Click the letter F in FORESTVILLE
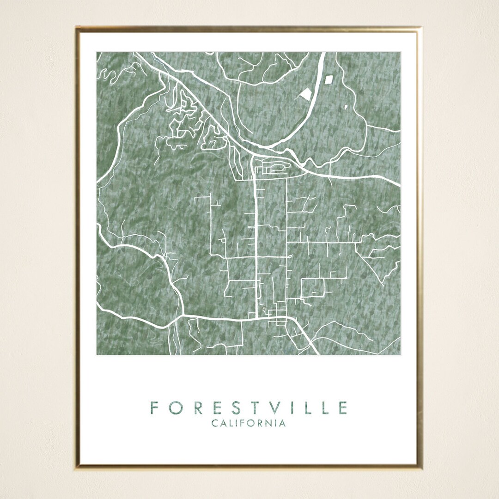point(154,408)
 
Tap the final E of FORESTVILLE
point(343,408)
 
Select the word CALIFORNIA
point(249,423)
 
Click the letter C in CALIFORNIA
point(215,423)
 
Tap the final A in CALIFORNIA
point(282,423)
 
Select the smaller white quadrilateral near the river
point(329,79)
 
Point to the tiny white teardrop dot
point(346,107)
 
